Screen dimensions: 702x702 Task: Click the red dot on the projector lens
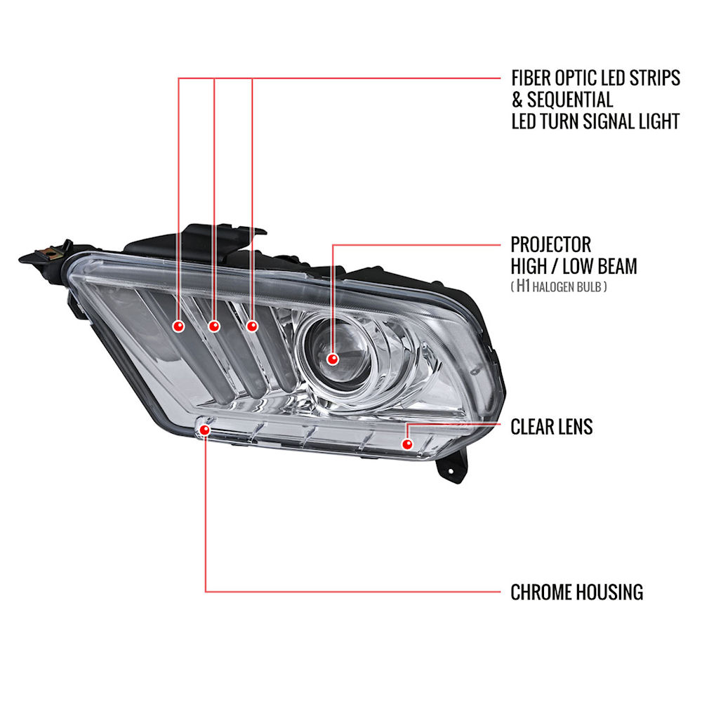coord(332,359)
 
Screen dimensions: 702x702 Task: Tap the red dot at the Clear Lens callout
coord(407,444)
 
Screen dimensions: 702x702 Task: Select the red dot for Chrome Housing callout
coord(204,430)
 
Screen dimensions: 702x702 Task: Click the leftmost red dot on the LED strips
coord(178,326)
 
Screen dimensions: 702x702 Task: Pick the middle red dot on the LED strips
coord(214,326)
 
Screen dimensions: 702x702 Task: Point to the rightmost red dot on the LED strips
coord(252,326)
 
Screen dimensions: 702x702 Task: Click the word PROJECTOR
coord(550,245)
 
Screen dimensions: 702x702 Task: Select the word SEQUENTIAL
coord(570,100)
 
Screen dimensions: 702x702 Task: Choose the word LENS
coord(574,427)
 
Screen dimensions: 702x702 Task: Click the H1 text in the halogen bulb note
coord(523,286)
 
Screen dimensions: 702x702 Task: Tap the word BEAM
coord(616,266)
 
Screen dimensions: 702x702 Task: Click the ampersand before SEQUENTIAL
coord(517,100)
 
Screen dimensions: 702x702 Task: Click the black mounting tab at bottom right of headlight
coord(452,467)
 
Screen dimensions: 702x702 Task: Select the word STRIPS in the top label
coord(654,78)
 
